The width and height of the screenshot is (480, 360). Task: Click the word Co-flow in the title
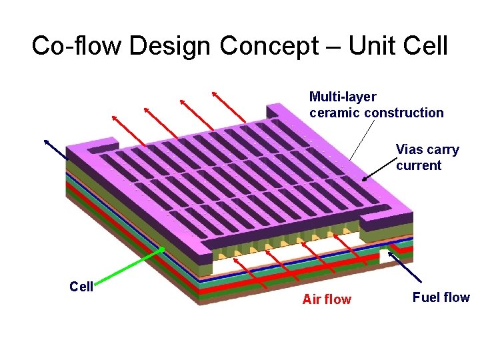tap(77, 46)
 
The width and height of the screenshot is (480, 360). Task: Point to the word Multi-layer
tap(343, 97)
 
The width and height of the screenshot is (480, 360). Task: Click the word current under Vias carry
tap(419, 165)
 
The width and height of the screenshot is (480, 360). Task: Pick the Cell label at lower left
tap(81, 287)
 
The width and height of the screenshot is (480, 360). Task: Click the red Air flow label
tap(326, 299)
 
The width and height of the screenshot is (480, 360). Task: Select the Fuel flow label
tap(441, 297)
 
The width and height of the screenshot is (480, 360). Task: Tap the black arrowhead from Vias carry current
tap(365, 179)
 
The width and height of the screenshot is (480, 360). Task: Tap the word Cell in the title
tap(426, 46)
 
